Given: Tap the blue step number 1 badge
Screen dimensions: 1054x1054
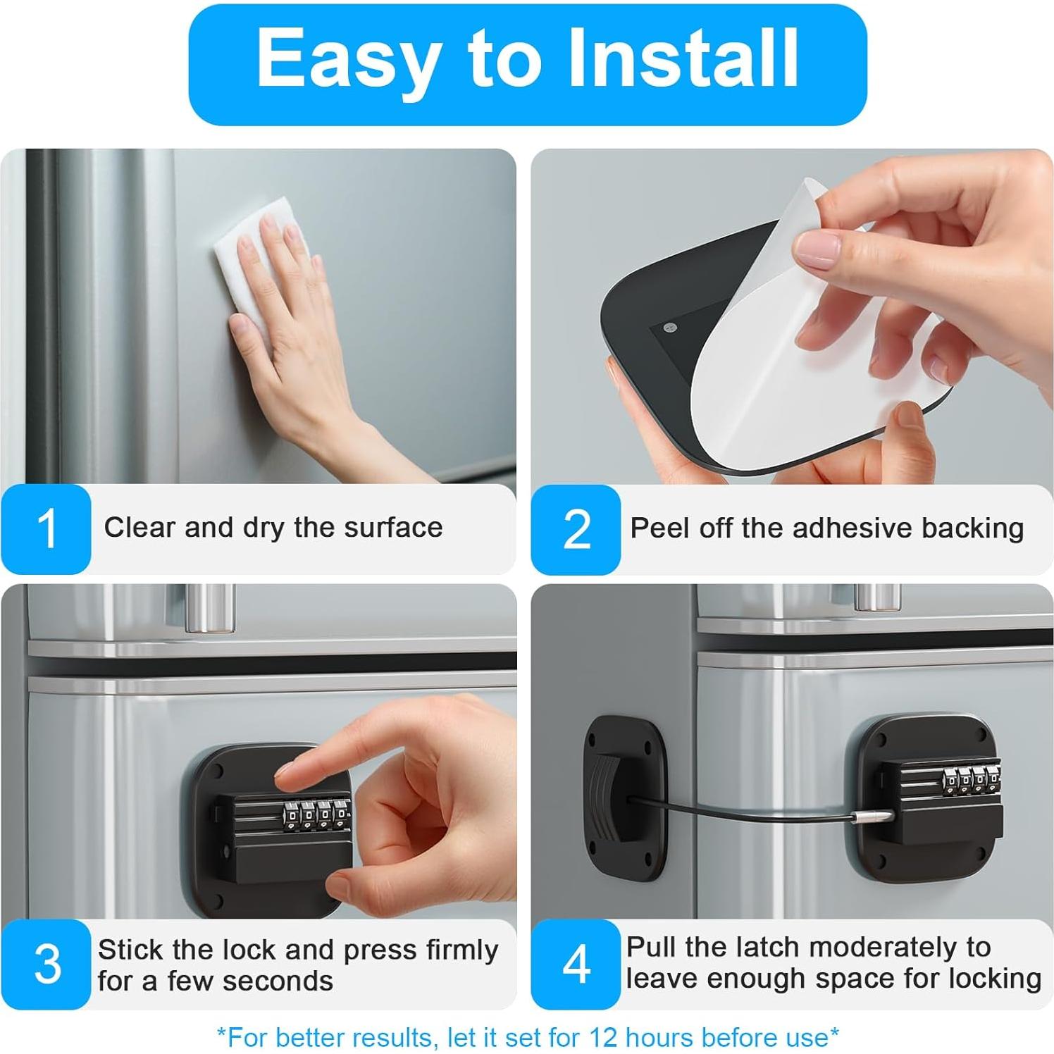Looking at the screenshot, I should coord(46,528).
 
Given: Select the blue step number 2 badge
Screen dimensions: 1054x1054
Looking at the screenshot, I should coord(576,529).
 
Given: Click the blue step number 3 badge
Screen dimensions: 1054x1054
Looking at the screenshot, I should coord(46,963).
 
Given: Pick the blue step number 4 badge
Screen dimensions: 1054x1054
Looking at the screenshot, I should coord(576,963).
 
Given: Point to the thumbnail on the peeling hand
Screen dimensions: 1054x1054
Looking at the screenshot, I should coord(817,250).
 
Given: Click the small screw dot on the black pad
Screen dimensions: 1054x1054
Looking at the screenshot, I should coord(670,327).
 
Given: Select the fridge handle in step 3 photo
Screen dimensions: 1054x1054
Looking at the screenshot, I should coord(209,607).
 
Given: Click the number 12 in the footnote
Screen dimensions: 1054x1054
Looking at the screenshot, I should coord(603,1037).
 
